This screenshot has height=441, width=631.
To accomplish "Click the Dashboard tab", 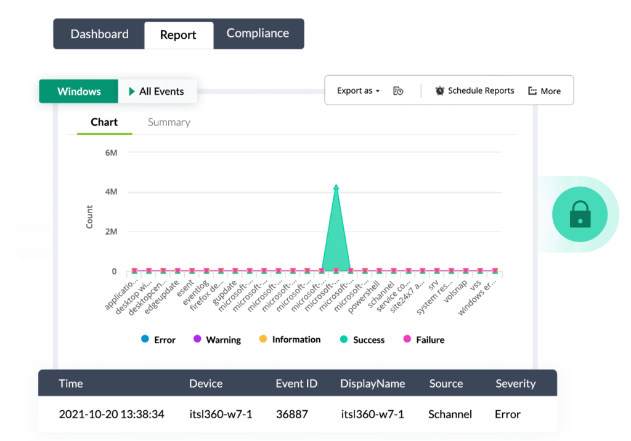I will point(99,34).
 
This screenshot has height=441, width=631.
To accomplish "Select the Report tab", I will point(178,35).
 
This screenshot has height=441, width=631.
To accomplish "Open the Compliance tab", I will point(258,33).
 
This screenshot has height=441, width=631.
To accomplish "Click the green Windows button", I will point(79,91).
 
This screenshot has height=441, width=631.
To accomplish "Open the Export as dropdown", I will point(358,91).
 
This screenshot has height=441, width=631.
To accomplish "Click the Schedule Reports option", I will point(474,91).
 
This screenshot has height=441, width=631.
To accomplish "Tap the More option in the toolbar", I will point(545,91).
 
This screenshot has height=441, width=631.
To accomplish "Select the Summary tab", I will point(169,122).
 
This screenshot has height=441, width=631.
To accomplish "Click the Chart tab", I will point(104,122).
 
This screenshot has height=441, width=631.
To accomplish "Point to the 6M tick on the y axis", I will point(111,152).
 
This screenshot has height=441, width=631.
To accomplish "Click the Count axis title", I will point(89,217).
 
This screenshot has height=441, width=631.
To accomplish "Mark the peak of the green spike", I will point(336,185).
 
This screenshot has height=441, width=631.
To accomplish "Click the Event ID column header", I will point(296,383).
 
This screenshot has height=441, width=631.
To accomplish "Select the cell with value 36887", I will point(291,414).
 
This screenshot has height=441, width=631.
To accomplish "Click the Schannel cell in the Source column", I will point(450,414).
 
